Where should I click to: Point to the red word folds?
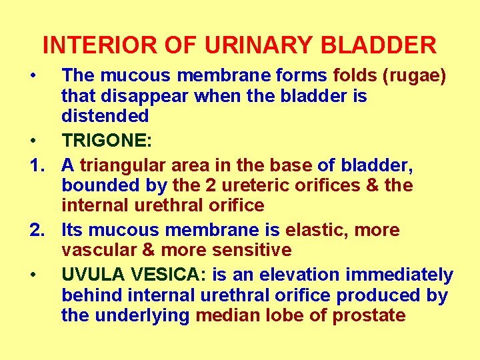355,75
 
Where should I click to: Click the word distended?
105,116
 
